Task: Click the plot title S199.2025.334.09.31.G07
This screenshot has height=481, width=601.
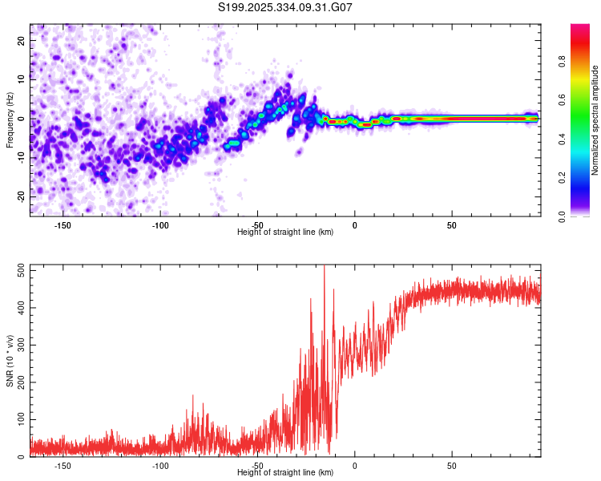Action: pos(285,7)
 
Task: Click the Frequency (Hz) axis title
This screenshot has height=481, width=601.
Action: pos(10,119)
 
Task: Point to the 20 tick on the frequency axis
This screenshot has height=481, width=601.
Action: pos(22,40)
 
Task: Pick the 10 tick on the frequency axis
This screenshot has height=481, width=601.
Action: pos(22,79)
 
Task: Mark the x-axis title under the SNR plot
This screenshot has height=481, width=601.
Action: pos(285,473)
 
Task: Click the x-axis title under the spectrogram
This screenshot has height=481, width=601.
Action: pos(285,232)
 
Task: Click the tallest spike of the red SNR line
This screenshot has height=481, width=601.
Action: pos(324,268)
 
